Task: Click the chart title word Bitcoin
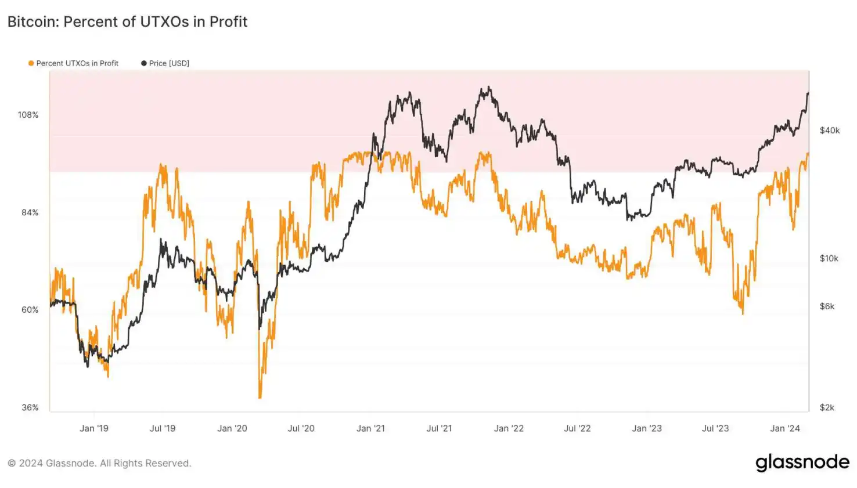33,22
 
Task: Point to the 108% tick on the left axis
28,115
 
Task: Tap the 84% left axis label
30,212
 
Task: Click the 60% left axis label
30,310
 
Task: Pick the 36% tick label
30,407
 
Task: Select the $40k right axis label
829,131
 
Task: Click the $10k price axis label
829,258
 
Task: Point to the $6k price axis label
827,306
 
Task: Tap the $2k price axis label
827,407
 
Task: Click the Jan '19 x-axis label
94,428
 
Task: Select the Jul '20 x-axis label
301,428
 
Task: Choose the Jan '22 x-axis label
509,428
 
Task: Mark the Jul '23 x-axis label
715,428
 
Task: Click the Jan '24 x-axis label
784,428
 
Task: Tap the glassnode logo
802,462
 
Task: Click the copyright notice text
99,463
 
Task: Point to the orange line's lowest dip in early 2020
260,397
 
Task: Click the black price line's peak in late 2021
489,88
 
